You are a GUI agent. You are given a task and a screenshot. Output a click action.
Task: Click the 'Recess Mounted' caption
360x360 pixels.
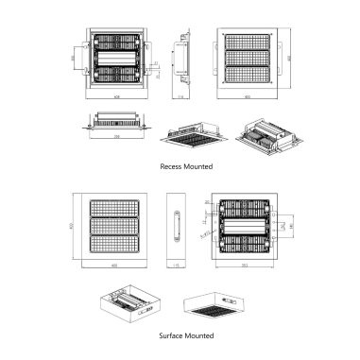point(186,166)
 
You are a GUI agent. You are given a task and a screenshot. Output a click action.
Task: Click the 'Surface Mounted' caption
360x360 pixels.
point(186,334)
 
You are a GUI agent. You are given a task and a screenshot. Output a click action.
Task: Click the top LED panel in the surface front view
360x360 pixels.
point(112,211)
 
